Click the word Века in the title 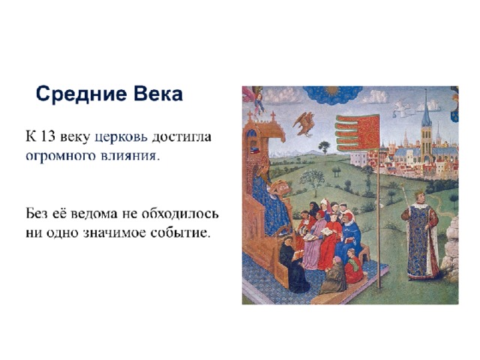pyautogui.click(x=157, y=93)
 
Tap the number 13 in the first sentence pyautogui.click(x=47, y=136)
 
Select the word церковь pyautogui.click(x=121, y=137)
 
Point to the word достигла pyautogui.click(x=181, y=136)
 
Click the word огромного pyautogui.click(x=61, y=156)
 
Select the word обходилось pyautogui.click(x=180, y=213)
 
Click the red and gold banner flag pyautogui.click(x=358, y=132)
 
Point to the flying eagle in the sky pyautogui.click(x=304, y=124)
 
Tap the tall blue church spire pyautogui.click(x=426, y=107)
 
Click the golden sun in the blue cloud pyautogui.click(x=331, y=90)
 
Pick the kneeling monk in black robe pyautogui.click(x=294, y=265)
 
